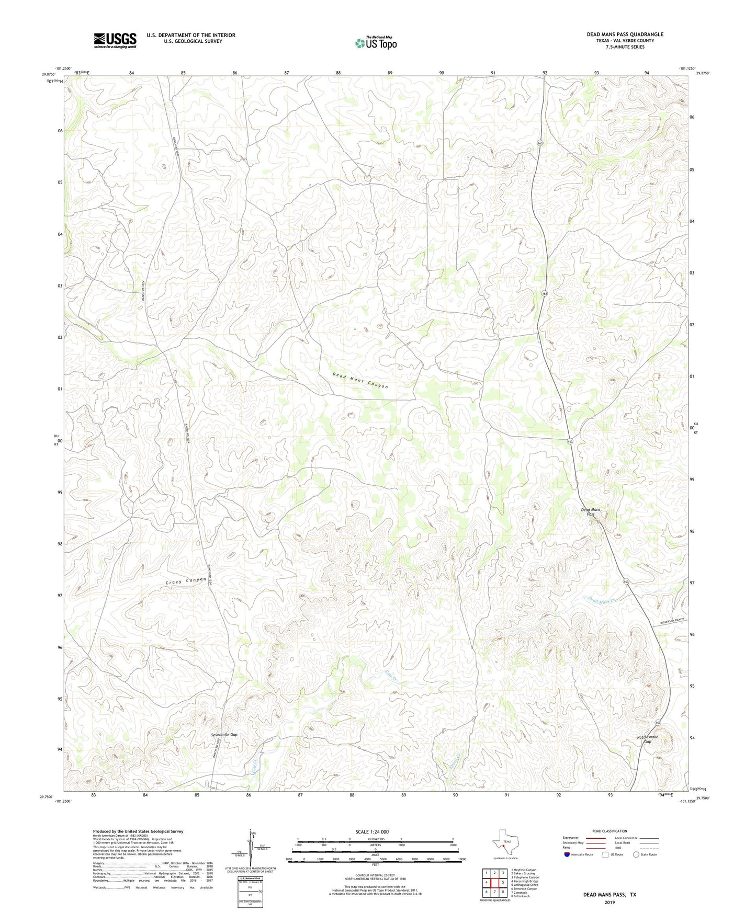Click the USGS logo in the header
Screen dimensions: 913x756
pyautogui.click(x=115, y=40)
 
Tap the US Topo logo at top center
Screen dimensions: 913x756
pyautogui.click(x=376, y=43)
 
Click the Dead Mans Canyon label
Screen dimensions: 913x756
pyautogui.click(x=360, y=380)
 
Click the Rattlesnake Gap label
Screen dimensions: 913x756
pyautogui.click(x=648, y=739)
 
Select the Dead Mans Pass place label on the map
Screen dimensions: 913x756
pyautogui.click(x=591, y=512)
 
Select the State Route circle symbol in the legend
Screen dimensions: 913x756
pyautogui.click(x=636, y=854)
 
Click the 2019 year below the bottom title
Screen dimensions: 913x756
pyautogui.click(x=610, y=902)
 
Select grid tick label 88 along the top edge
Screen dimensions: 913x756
pyautogui.click(x=338, y=73)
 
